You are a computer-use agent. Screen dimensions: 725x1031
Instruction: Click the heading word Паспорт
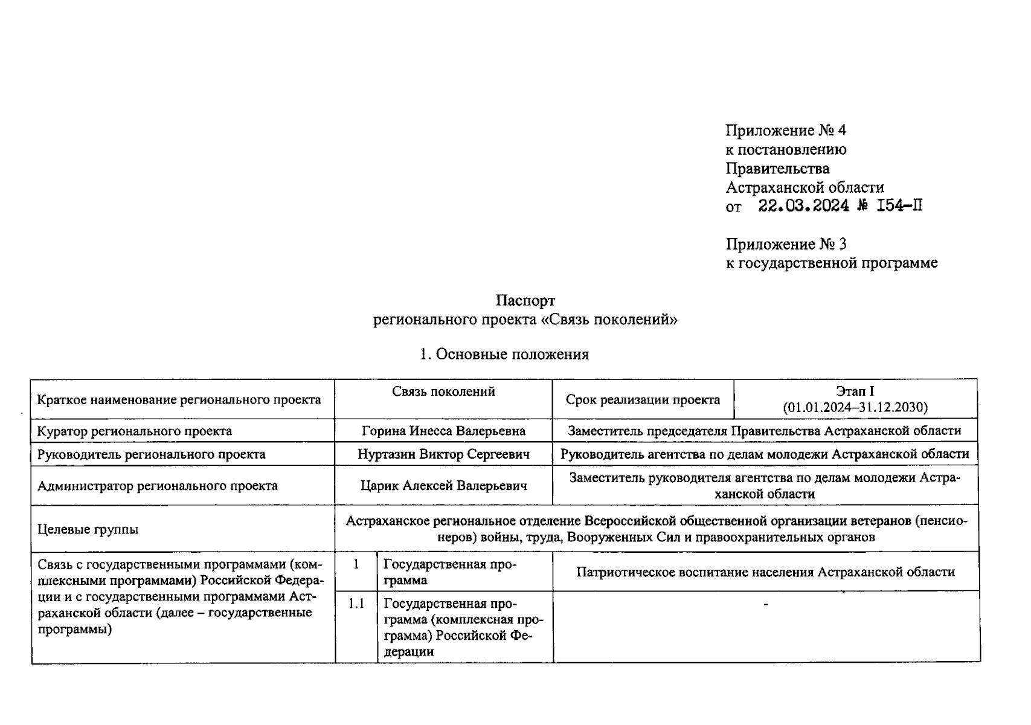(525, 300)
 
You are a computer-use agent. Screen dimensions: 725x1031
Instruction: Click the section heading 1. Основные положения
(504, 355)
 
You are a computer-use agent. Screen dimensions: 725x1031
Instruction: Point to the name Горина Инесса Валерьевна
(443, 431)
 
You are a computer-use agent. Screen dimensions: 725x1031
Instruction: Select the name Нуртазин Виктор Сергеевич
(443, 454)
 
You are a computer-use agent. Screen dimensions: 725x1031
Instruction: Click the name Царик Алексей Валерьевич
(443, 486)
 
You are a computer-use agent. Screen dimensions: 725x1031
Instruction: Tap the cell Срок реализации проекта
(643, 399)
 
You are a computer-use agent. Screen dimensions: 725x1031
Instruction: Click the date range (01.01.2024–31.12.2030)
(855, 407)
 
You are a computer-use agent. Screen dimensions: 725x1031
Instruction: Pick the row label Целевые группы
(88, 529)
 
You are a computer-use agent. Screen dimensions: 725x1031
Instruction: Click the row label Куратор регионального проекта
(134, 431)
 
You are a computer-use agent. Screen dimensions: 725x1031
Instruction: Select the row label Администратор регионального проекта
(158, 486)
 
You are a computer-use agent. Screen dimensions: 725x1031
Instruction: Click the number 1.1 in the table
(356, 604)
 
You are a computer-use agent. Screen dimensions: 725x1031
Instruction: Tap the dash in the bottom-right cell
(766, 604)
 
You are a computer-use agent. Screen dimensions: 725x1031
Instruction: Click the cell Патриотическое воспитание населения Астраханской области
(765, 572)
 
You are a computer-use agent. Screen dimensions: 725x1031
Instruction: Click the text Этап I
(855, 391)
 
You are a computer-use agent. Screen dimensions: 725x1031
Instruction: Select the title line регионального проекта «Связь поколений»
(525, 320)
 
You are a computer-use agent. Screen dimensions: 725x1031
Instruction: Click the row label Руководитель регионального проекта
(151, 454)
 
